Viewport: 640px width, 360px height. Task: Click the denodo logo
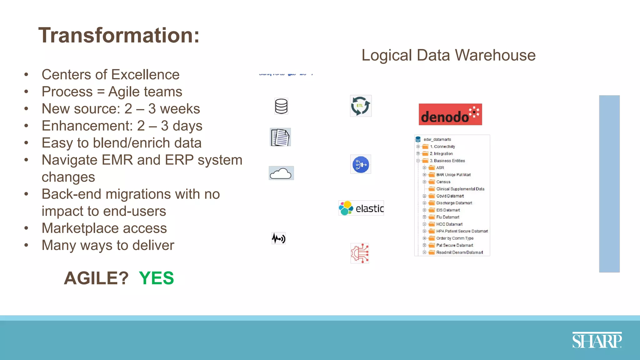pos(450,114)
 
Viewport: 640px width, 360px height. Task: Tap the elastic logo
pos(361,208)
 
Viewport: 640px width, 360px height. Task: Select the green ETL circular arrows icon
pos(361,106)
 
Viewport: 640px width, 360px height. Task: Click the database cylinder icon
pos(281,106)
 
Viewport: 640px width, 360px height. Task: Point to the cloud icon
pos(281,173)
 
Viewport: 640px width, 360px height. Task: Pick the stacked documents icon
pos(280,137)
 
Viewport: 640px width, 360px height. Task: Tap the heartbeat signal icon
pos(278,238)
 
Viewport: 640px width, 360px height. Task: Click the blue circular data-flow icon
pos(361,164)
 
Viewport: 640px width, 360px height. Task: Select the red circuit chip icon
pos(360,253)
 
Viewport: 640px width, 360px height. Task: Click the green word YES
pos(156,278)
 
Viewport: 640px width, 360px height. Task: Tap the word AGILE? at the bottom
pos(96,278)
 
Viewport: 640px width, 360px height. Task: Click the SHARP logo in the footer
pos(597,340)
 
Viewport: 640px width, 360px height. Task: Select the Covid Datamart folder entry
pos(450,196)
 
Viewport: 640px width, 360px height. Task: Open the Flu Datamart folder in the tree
pos(447,217)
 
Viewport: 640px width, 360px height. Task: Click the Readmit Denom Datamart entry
pos(459,252)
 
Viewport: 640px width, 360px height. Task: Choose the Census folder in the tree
pos(443,182)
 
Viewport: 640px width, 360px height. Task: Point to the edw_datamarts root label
pos(437,139)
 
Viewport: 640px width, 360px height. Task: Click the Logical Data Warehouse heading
pos(448,55)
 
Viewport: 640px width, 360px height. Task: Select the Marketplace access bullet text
pos(104,228)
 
